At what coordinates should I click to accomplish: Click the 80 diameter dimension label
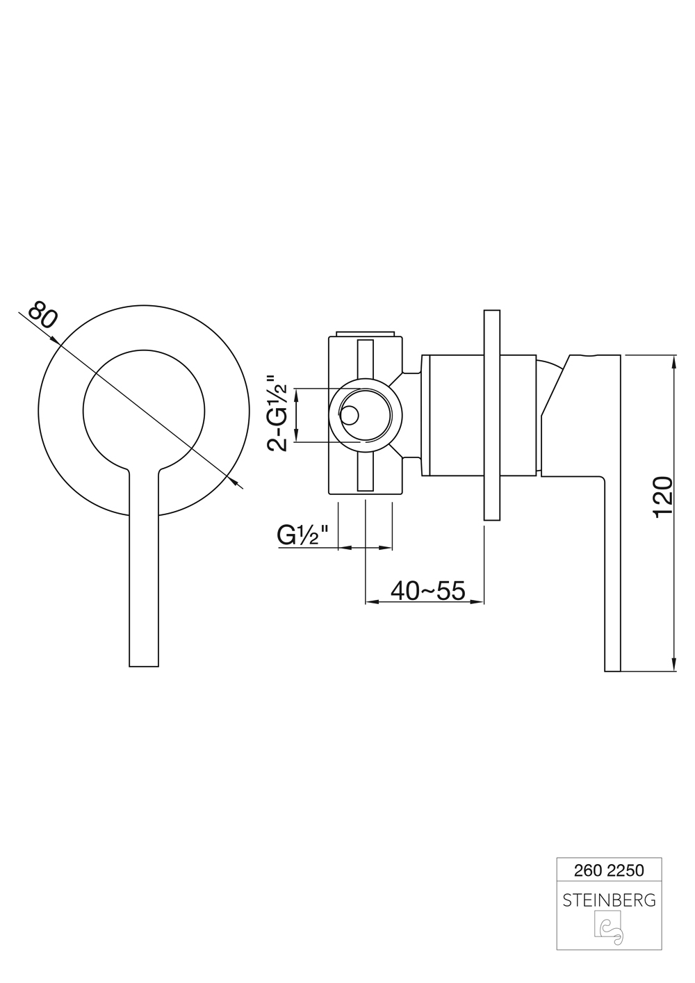point(43,315)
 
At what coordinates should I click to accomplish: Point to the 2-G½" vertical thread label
point(278,414)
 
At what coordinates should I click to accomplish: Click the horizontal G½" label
point(302,535)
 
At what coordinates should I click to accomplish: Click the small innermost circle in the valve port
point(350,415)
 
